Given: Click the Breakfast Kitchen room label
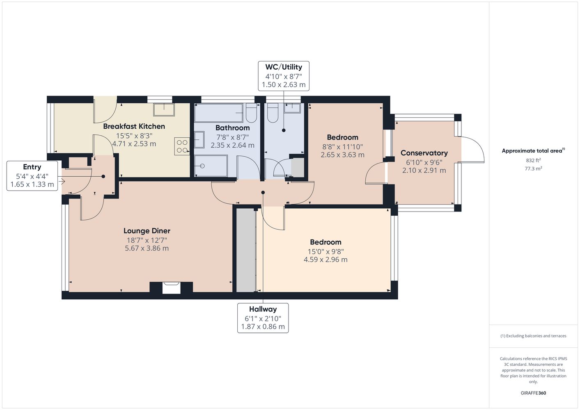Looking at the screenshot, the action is (134, 126).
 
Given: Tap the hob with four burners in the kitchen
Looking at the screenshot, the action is (182, 146).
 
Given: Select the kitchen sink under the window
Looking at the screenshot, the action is (164, 110).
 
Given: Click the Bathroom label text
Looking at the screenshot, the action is (232, 128).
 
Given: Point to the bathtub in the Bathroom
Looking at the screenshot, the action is (218, 112).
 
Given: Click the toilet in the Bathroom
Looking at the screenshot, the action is (251, 113).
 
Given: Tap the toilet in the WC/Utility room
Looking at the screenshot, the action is (273, 113).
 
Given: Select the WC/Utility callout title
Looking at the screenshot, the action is (284, 67).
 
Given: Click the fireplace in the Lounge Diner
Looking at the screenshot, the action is (171, 287).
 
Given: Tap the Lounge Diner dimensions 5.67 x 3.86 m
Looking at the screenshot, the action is (147, 248).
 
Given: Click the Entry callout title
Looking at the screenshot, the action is (32, 167).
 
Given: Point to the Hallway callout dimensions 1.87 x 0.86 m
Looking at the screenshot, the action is (263, 327).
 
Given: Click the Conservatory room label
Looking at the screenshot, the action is (424, 153).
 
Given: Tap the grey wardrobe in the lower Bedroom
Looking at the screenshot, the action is (246, 250).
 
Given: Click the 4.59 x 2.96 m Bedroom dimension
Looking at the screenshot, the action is (326, 260).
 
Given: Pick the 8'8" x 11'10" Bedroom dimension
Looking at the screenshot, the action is (343, 147).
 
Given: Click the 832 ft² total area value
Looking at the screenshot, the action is (533, 160).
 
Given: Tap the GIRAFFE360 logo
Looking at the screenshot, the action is (533, 393).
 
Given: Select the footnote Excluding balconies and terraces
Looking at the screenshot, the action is (533, 336).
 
